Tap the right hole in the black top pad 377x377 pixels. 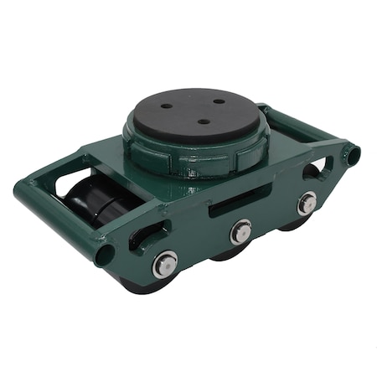point(219,101)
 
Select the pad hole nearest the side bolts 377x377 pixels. point(203,121)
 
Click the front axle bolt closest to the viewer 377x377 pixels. point(165,265)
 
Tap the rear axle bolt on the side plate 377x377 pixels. point(307,202)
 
